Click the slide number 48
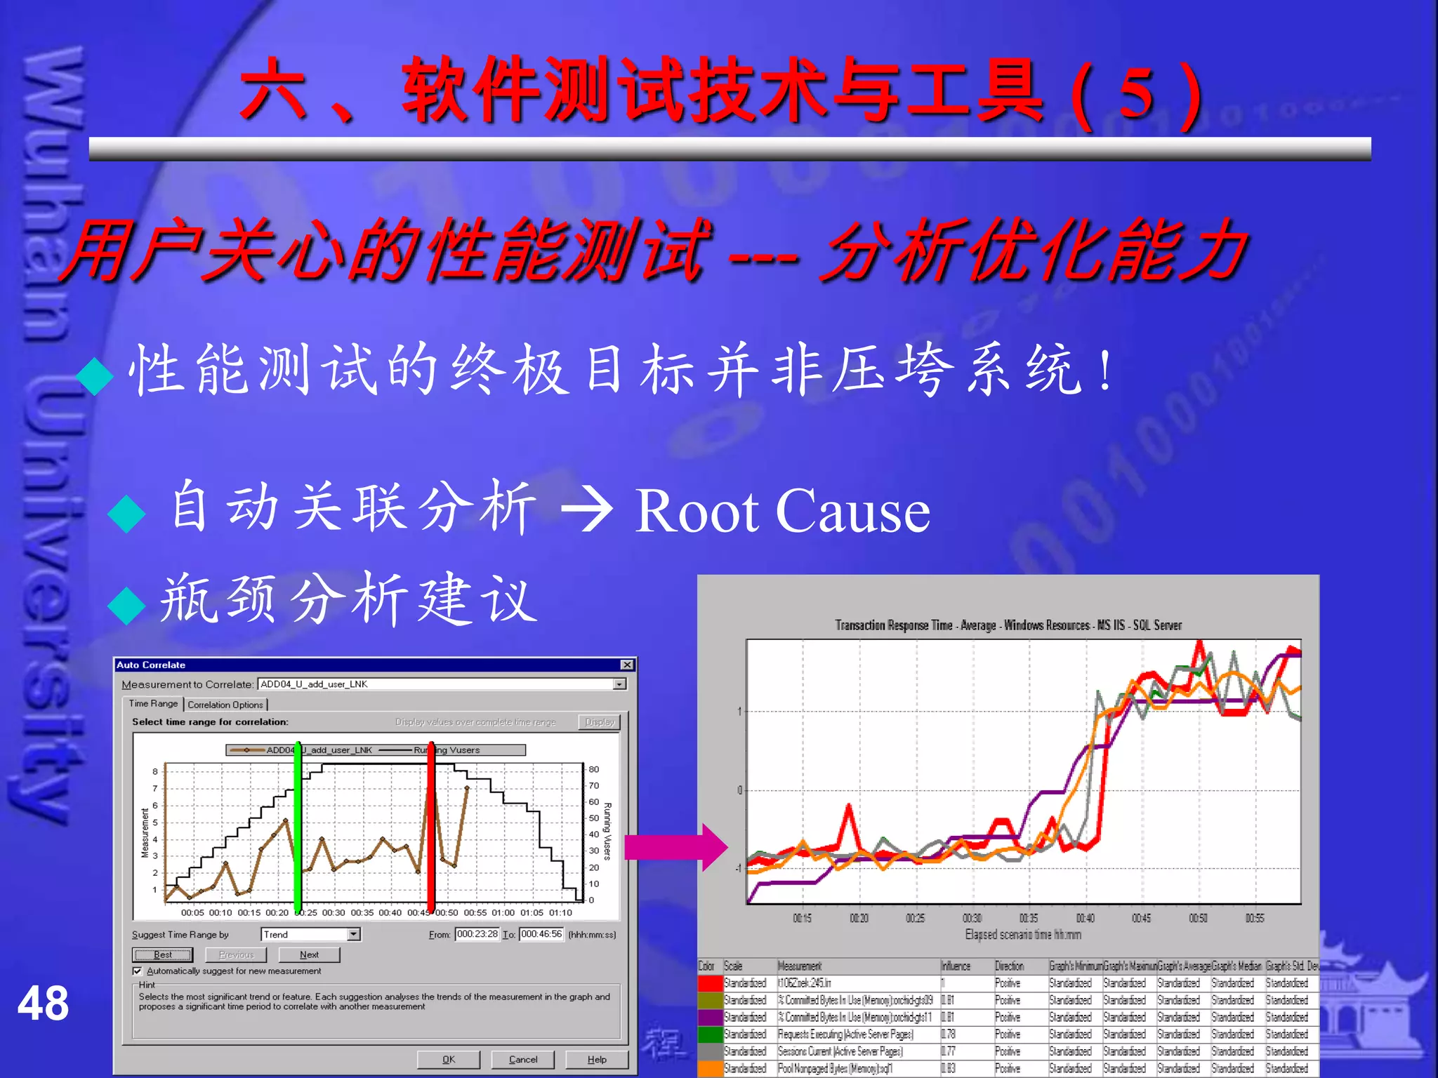44,1004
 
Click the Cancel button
522,1059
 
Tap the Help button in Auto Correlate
597,1059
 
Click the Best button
162,954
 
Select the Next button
309,954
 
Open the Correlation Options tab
225,705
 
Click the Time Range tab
153,703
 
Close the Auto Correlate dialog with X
627,665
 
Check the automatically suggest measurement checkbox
138,971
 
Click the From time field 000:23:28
477,934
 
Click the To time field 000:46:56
541,934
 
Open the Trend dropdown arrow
354,934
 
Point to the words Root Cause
782,511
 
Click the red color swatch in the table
711,983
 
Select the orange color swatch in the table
711,1068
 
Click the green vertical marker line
298,828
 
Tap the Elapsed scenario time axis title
1023,935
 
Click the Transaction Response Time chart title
1008,625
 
